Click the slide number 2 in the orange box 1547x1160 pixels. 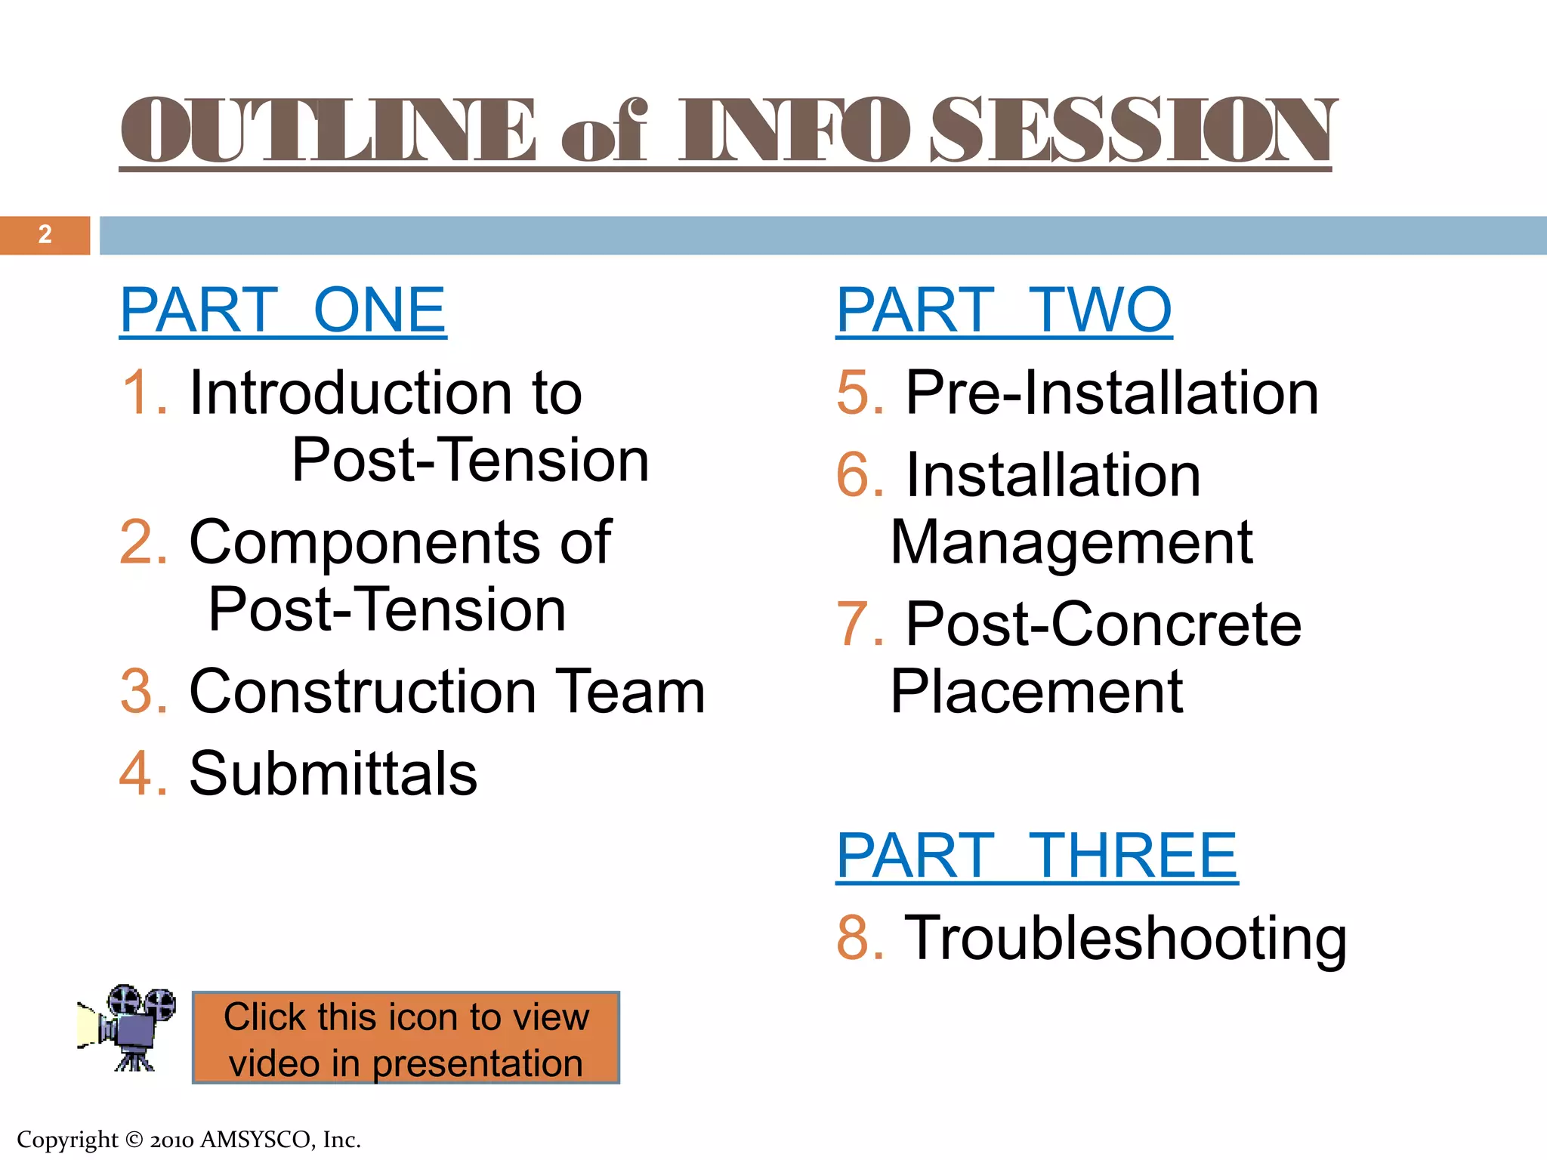45,235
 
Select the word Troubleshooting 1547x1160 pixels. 1126,938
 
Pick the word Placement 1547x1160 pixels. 1036,692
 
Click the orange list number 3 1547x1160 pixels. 143,692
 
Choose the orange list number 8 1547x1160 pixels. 860,938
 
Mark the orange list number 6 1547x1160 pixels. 860,476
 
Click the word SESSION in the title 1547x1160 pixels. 1132,130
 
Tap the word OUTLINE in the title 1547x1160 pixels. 328,130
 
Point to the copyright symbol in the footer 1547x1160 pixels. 134,1140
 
